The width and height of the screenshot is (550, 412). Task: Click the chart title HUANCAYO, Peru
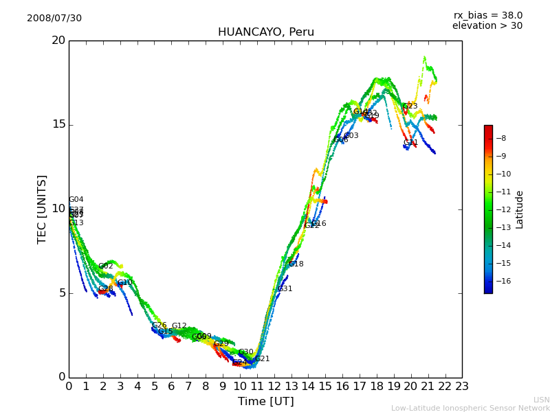(266, 32)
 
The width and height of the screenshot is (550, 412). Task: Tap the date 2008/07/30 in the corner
(54, 19)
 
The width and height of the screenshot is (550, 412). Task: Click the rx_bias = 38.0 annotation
(487, 16)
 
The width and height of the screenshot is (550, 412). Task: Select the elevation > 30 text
(487, 26)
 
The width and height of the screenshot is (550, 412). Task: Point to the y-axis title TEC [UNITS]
(43, 209)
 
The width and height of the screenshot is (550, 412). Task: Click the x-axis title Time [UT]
(265, 402)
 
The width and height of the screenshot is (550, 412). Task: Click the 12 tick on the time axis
(274, 387)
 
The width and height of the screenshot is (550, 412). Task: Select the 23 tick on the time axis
(462, 387)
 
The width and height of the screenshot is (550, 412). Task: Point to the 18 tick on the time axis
(377, 387)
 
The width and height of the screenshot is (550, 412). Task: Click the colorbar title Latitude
(520, 209)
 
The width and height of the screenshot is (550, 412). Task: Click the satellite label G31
(285, 289)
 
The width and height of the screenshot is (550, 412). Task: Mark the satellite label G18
(296, 264)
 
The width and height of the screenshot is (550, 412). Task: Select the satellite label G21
(262, 359)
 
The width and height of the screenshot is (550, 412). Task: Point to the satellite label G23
(410, 106)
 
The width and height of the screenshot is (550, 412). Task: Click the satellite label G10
(124, 283)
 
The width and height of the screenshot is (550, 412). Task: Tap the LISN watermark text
(542, 400)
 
